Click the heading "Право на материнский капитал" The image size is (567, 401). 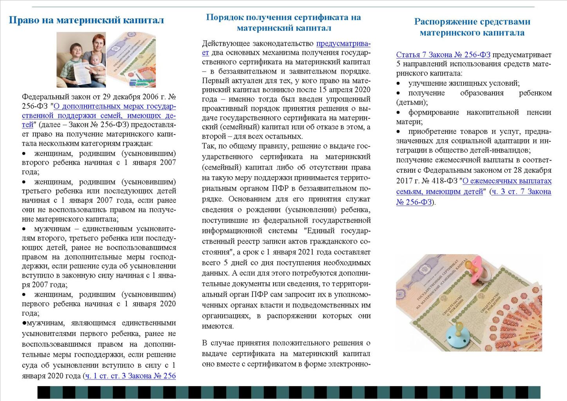pyautogui.click(x=86, y=20)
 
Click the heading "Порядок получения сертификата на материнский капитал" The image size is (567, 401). pyautogui.click(x=283, y=22)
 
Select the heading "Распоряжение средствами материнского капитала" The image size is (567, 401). pyautogui.click(x=472, y=27)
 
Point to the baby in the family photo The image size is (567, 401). pyautogui.click(x=94, y=63)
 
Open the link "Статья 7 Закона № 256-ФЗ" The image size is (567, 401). pyautogui.click(x=443, y=55)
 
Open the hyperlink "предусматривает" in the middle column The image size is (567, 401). pyautogui.click(x=343, y=43)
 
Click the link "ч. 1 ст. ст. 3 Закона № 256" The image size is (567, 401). pyautogui.click(x=130, y=376)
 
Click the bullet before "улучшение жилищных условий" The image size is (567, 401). pyautogui.click(x=399, y=83)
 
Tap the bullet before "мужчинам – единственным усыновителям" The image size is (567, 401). pyautogui.click(x=24, y=229)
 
